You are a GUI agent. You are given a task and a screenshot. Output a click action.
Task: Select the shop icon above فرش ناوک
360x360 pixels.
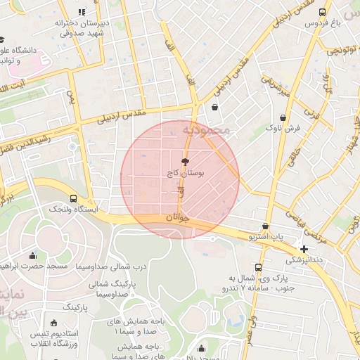283,117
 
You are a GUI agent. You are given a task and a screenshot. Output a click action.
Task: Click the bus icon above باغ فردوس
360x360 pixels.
323,13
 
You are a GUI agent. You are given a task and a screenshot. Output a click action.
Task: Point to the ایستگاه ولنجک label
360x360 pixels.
74,210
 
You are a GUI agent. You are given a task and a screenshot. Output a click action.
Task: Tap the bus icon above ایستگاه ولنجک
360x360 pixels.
74,198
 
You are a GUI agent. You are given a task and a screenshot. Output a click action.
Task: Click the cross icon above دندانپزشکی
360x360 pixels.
304,249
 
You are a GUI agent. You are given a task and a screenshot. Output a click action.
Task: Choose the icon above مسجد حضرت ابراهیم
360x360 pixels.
32,255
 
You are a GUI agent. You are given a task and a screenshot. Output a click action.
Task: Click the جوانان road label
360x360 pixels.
178,219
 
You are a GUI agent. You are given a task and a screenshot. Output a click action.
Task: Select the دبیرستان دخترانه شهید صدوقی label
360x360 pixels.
82,27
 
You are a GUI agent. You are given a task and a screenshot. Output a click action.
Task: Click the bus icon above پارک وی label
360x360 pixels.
258,268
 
